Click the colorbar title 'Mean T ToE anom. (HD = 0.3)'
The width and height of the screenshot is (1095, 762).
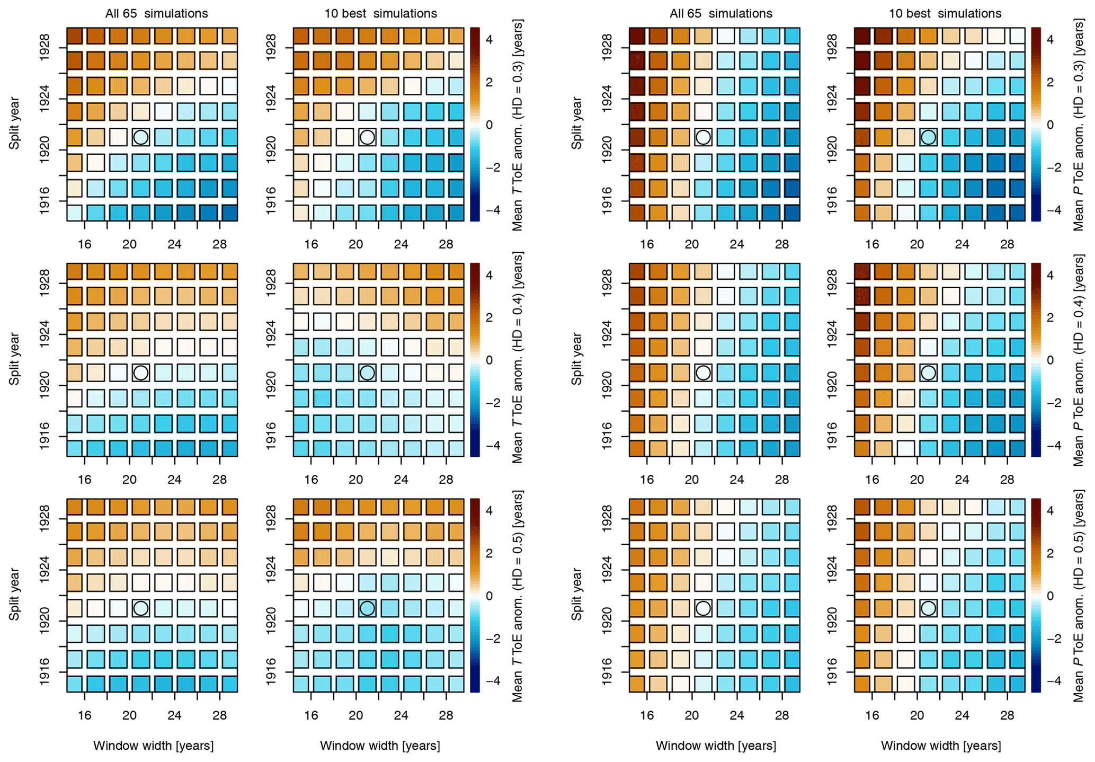pyautogui.click(x=518, y=125)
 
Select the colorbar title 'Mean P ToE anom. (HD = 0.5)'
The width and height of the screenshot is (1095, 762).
pyautogui.click(x=1079, y=596)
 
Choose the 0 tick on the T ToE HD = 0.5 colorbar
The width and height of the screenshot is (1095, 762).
pyautogui.click(x=488, y=596)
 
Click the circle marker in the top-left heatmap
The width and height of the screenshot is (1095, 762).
pyautogui.click(x=140, y=137)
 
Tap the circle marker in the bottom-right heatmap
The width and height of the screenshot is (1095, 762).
pyautogui.click(x=928, y=608)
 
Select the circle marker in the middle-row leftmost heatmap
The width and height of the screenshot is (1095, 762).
pyautogui.click(x=140, y=373)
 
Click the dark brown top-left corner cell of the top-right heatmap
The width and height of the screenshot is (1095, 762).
pyautogui.click(x=863, y=36)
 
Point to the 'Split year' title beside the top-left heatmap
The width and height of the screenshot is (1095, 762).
pyautogui.click(x=14, y=123)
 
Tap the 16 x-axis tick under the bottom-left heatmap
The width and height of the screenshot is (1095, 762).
pyautogui.click(x=85, y=715)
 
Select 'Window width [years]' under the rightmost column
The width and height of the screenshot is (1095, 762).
pyautogui.click(x=941, y=746)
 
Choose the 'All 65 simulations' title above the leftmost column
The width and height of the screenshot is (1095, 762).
pyautogui.click(x=156, y=13)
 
